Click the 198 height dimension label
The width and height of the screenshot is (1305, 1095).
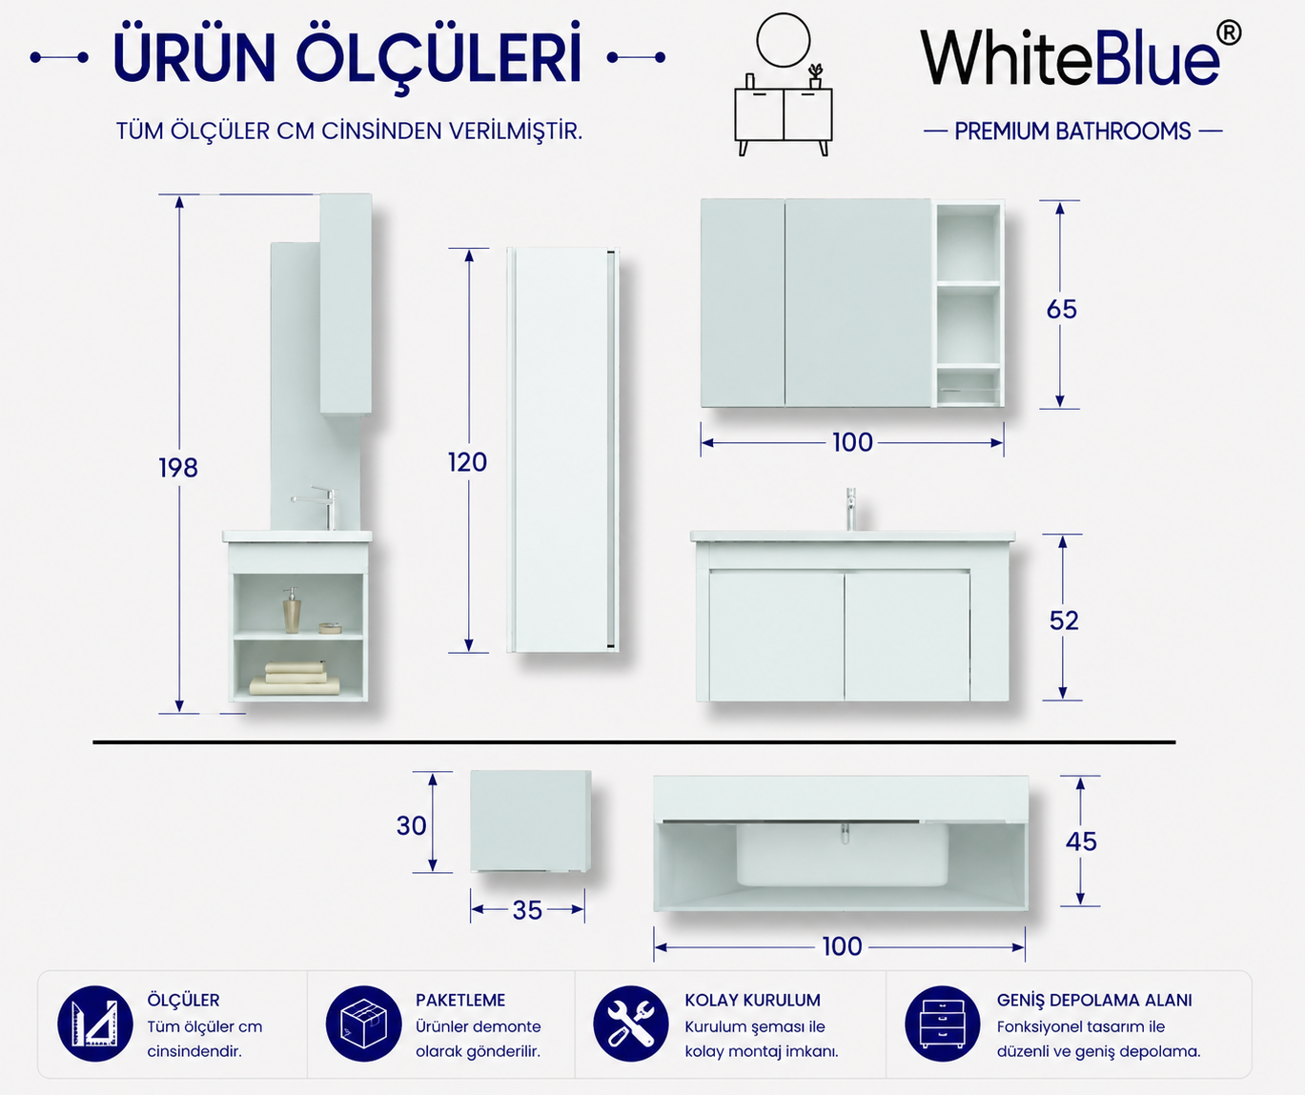178,468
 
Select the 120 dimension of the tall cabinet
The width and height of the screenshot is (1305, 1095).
467,462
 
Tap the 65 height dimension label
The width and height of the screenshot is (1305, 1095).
1061,310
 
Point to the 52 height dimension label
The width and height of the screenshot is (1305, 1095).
1064,620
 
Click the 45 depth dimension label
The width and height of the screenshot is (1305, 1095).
1081,842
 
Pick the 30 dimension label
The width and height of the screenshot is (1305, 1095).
411,825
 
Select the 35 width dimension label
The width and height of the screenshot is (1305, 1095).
527,911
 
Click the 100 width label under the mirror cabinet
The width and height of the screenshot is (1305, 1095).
852,442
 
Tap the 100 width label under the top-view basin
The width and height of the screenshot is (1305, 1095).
842,946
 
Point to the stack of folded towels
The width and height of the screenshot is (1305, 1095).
295,679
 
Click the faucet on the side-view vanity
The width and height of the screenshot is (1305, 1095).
315,508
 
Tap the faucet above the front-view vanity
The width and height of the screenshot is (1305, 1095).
850,509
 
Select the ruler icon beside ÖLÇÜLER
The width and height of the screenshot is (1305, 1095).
95,1024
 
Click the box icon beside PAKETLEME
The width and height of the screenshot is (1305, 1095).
363,1024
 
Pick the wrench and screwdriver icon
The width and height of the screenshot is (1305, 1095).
631,1024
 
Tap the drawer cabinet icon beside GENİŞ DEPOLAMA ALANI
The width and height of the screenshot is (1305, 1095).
942,1024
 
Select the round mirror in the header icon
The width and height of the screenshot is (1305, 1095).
784,40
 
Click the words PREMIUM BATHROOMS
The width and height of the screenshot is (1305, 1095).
1072,132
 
